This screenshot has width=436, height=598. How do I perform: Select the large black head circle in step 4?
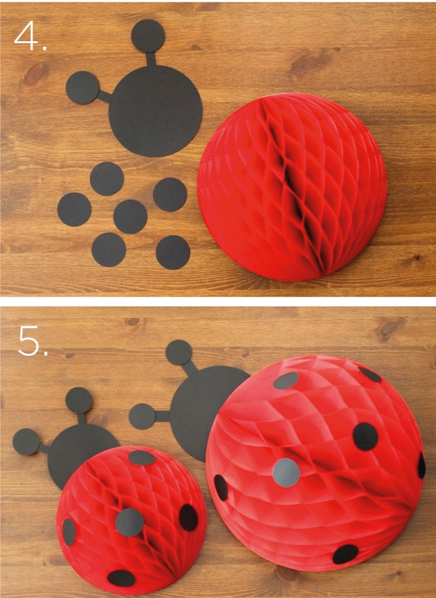pos(155,110)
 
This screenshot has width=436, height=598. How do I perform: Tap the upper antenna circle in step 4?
pos(148,35)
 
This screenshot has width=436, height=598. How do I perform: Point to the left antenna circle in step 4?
pos(83,89)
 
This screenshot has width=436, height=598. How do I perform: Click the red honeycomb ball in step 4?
pos(281,187)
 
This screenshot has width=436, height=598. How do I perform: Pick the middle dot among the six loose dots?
pos(130,216)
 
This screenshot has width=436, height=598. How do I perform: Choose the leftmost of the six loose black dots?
pos(74,209)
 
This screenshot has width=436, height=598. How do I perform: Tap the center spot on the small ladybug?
pos(129,521)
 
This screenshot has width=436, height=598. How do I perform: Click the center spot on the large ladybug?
pos(287,473)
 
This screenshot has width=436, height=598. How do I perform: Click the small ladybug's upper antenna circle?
pos(78,401)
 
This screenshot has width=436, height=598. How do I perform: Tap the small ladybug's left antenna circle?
pos(26,442)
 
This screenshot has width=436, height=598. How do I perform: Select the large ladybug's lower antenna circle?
pos(142,416)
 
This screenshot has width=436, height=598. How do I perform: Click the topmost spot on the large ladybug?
pos(287,381)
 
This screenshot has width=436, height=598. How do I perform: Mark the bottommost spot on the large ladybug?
pos(345,554)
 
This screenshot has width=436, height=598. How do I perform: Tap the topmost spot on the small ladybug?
pos(142,458)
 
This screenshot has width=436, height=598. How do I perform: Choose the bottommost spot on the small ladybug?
pos(122,578)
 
